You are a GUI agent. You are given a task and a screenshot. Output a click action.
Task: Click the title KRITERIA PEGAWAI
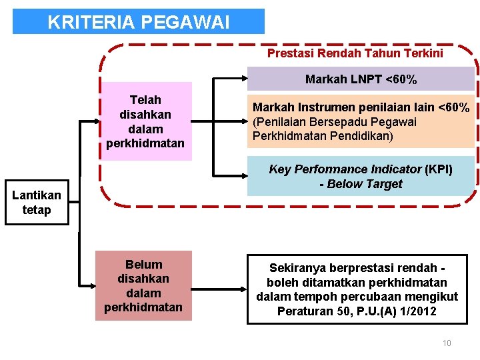coord(138,22)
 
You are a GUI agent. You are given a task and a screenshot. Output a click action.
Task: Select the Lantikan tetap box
coord(37,203)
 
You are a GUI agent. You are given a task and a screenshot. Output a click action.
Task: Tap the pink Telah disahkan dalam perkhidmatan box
coord(145,121)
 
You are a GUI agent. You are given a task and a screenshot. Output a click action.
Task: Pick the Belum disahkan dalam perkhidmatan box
coord(143,285)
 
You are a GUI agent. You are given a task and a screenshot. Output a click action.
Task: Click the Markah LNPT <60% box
coord(361,79)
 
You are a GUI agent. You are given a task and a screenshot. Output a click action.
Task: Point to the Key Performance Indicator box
coord(361,177)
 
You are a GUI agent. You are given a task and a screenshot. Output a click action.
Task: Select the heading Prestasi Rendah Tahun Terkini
coord(355,53)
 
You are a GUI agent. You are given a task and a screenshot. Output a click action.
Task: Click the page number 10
coord(447,343)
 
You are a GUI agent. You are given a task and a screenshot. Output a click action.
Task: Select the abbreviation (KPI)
coord(439,169)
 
